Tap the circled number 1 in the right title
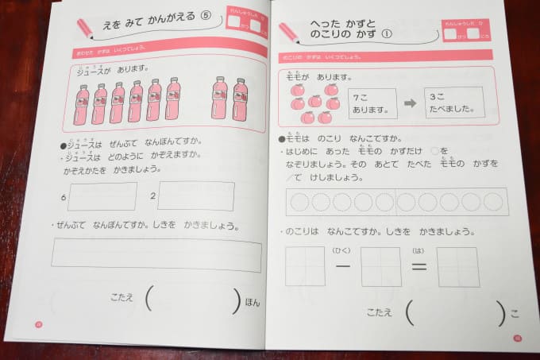tap(387, 33)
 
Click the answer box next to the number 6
tap(102, 195)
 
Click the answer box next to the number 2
tap(196, 195)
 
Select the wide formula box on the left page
tap(156, 255)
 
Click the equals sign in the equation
tap(418, 267)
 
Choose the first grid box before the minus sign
tap(305, 265)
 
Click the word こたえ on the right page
tap(380, 312)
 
